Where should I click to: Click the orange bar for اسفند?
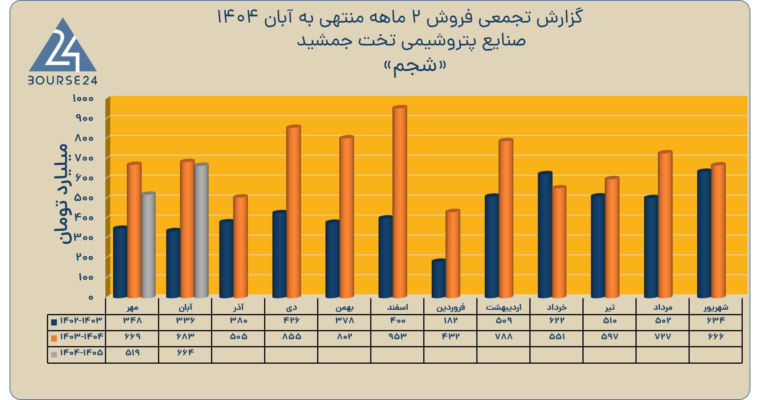tap(400, 202)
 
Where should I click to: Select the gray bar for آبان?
tap(201, 231)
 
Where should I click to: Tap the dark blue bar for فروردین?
tap(439, 279)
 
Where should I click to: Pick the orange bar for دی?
tap(294, 212)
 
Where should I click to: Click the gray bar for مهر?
tap(148, 245)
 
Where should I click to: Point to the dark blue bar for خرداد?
tap(545, 235)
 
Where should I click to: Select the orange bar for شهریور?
tap(718, 230)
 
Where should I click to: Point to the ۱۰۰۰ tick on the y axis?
tap(83, 99)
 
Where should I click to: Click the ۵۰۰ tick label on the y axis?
tap(84, 198)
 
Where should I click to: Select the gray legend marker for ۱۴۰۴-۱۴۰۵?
tap(54, 354)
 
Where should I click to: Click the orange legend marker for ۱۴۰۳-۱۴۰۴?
tap(54, 338)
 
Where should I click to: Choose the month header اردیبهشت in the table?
tap(503, 307)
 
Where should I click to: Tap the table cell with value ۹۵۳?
tap(397, 337)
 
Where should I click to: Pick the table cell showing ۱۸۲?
tap(450, 321)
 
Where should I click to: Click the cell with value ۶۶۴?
tap(185, 352)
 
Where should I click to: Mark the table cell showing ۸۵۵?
tap(291, 337)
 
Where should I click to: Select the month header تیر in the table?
tap(610, 307)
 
